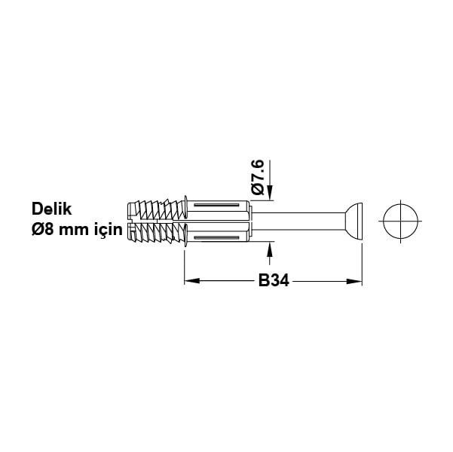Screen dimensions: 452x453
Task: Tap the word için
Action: pos(105,230)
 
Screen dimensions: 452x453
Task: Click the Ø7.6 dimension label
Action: pos(258,179)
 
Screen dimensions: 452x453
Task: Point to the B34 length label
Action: pos(274,281)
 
